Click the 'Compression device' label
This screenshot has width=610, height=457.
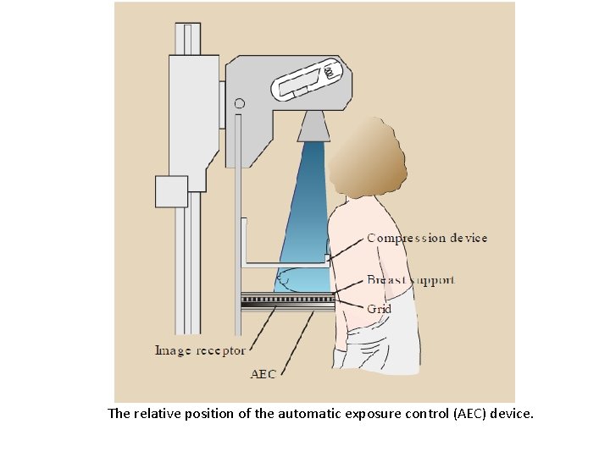427,239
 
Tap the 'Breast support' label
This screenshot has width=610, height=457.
410,280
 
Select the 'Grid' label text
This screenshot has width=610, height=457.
379,309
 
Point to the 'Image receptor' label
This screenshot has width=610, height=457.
200,350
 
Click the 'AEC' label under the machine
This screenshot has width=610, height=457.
263,372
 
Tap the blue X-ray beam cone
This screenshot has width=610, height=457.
308,212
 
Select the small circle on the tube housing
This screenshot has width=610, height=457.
240,104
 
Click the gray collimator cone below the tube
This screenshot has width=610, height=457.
313,127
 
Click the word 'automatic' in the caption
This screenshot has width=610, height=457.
308,415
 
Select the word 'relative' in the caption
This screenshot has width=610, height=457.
158,415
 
